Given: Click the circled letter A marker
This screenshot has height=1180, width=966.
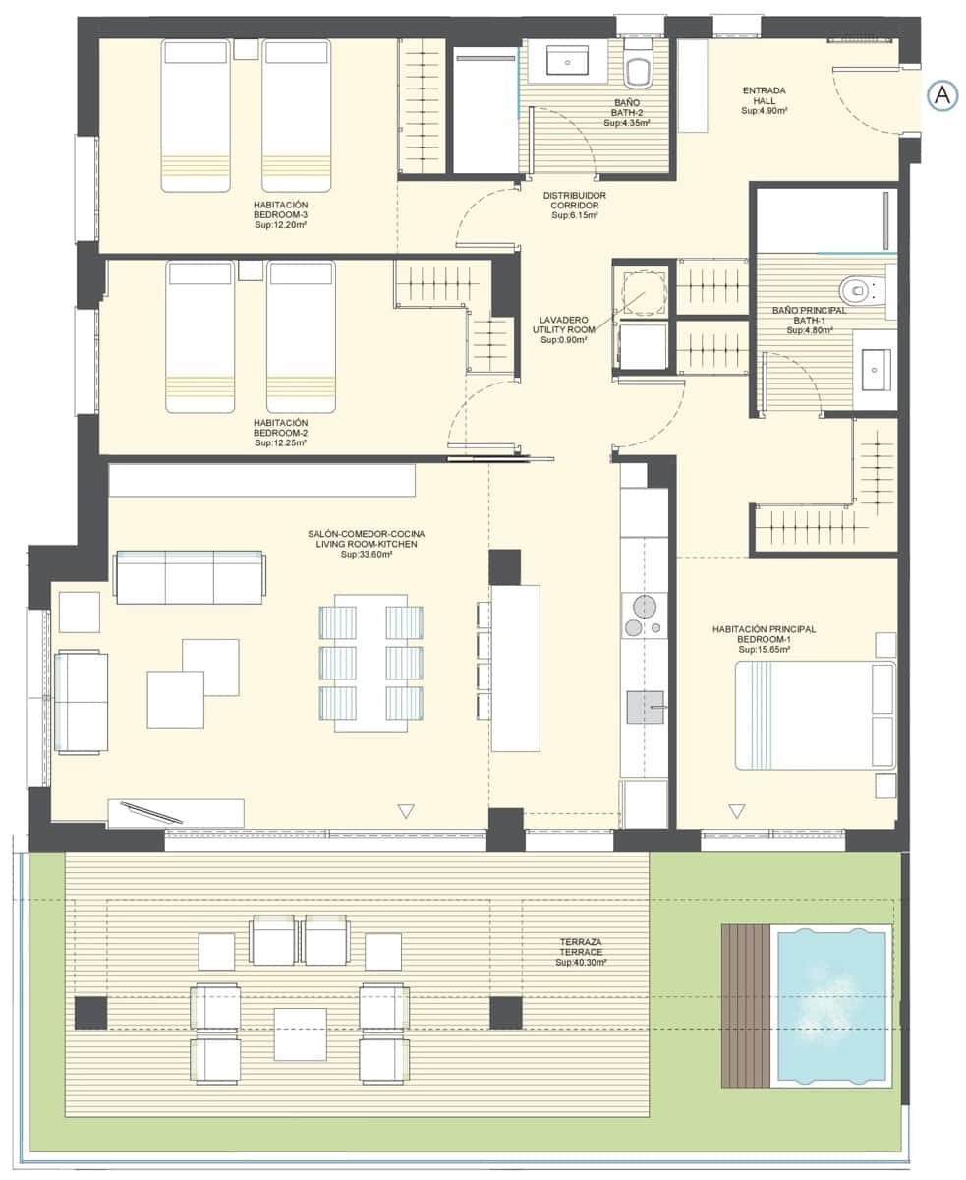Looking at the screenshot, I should coord(941,95).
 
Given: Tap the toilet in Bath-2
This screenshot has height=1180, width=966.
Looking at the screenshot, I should coord(639,69).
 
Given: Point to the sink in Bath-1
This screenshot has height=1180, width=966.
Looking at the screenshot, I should coord(875,371).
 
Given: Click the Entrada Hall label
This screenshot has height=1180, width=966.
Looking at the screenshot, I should coord(764,101).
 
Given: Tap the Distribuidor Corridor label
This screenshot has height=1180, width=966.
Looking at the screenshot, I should coord(575,205).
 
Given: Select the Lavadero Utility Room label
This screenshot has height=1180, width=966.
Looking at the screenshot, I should coord(563,329).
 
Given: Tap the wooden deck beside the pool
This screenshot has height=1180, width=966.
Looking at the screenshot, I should coord(746,1005).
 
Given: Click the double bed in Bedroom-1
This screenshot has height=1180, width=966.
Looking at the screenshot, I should coord(816,715).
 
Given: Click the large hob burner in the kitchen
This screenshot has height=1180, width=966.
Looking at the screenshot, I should coord(643,605).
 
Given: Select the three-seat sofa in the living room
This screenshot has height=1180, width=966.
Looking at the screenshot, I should coord(189,577).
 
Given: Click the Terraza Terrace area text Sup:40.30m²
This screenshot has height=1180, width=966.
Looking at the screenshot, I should coord(581,962).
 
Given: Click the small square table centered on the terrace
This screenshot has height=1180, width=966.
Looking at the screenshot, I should coord(300,1033).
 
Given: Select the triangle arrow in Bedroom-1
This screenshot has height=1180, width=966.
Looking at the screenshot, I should coord(737,811).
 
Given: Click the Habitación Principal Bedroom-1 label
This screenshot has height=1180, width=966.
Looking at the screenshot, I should coord(764,639).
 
